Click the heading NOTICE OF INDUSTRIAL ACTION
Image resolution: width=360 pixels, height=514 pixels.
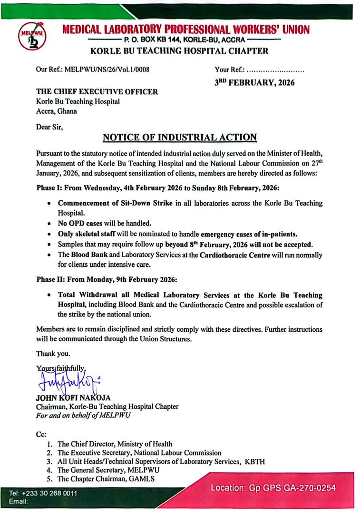(180, 138)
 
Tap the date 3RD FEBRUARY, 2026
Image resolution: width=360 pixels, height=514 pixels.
(254, 82)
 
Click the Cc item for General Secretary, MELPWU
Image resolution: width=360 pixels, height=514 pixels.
(115, 470)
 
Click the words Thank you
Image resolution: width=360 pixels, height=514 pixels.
(53, 354)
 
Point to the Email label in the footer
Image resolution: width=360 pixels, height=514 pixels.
(17, 502)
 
